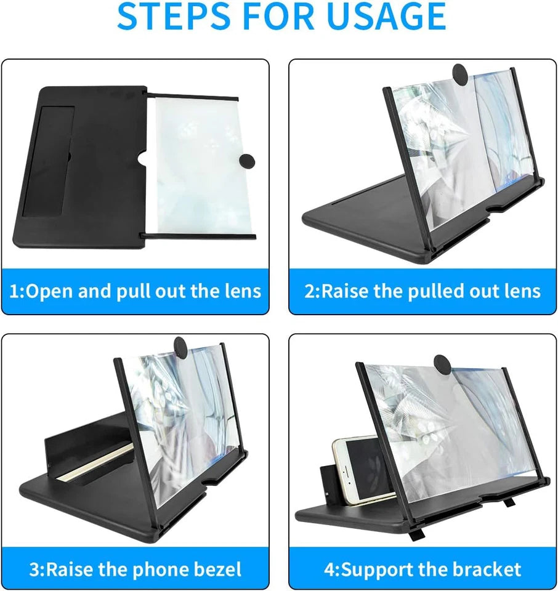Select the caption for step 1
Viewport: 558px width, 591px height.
coord(135,291)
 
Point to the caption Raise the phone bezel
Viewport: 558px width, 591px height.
coord(135,569)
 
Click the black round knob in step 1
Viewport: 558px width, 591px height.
coord(246,161)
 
